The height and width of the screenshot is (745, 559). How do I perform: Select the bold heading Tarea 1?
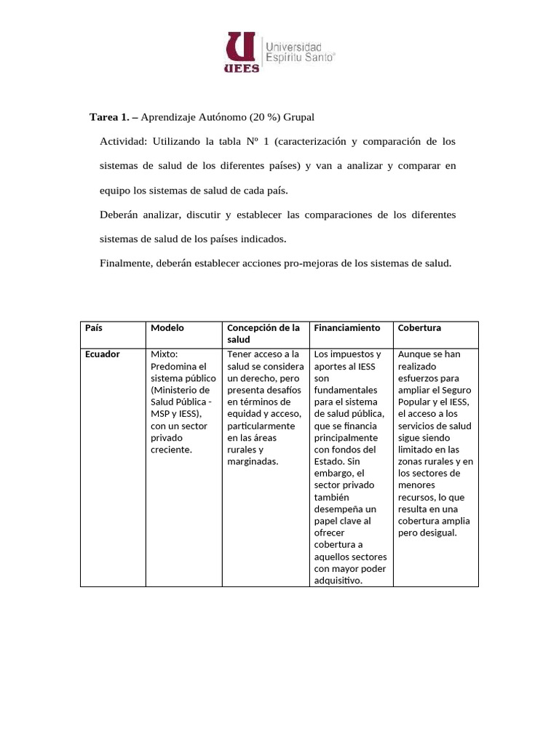coord(114,116)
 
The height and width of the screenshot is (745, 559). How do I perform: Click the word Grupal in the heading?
coord(301,116)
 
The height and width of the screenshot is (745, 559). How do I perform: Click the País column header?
coord(95,328)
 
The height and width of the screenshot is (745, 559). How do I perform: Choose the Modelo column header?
coord(167,328)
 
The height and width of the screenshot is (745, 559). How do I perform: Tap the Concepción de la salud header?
coord(263,334)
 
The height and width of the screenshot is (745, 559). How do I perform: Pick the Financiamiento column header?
coord(347,328)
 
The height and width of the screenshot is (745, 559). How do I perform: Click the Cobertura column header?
coord(420,328)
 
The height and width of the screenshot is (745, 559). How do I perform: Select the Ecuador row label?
coord(102,354)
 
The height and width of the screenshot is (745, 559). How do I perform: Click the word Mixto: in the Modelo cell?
coord(164,354)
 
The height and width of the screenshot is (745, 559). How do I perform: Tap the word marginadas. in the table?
coord(253,461)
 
